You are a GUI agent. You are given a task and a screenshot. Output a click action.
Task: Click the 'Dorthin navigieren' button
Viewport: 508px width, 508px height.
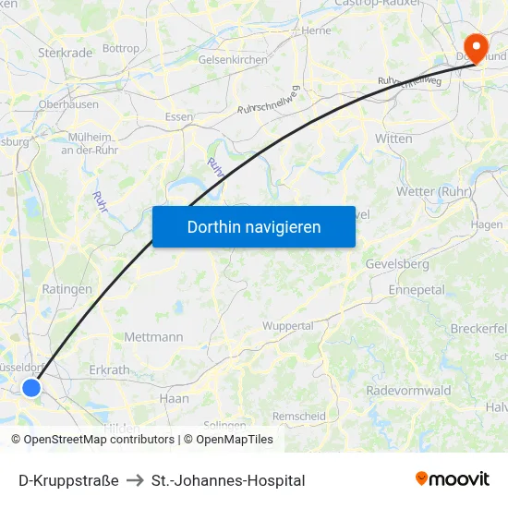[x=254, y=226]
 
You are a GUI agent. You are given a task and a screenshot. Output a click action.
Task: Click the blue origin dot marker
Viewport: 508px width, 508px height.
[x=31, y=388]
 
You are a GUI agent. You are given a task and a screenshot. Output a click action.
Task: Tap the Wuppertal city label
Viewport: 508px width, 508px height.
[x=287, y=326]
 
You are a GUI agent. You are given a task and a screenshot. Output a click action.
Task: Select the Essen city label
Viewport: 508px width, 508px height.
[x=178, y=117]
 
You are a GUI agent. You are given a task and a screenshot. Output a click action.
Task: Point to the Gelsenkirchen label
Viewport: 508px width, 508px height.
[x=233, y=60]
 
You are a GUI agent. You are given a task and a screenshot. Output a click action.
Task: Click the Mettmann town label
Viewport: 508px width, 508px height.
[x=153, y=337]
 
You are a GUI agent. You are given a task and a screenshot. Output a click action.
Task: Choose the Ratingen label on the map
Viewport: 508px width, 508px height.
[x=67, y=289]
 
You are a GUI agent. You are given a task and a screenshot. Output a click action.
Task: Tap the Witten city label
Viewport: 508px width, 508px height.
[x=393, y=139]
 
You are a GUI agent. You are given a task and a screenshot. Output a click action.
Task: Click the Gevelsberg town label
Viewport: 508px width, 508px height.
[x=397, y=264]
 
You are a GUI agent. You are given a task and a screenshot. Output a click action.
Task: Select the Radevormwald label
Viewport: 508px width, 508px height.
[x=408, y=391]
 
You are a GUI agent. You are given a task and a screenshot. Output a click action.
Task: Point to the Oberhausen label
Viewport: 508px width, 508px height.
[x=68, y=104]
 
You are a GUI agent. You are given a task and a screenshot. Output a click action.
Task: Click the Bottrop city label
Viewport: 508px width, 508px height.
[x=121, y=48]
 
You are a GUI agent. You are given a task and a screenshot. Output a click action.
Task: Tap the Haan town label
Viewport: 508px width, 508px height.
[x=174, y=399]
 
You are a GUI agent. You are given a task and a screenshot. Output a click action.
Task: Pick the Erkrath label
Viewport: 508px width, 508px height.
[x=109, y=370]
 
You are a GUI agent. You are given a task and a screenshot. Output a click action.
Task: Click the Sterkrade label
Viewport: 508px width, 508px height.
[x=66, y=54]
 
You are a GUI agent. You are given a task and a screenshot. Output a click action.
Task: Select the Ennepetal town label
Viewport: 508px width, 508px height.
[x=417, y=290]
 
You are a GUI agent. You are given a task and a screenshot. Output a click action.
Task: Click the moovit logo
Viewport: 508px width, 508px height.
[x=452, y=478]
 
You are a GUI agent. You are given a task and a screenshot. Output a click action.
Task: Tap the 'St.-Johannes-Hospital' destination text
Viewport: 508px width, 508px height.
[x=228, y=480]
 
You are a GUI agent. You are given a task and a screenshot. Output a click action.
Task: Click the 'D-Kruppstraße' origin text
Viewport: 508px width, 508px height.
[x=68, y=480]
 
